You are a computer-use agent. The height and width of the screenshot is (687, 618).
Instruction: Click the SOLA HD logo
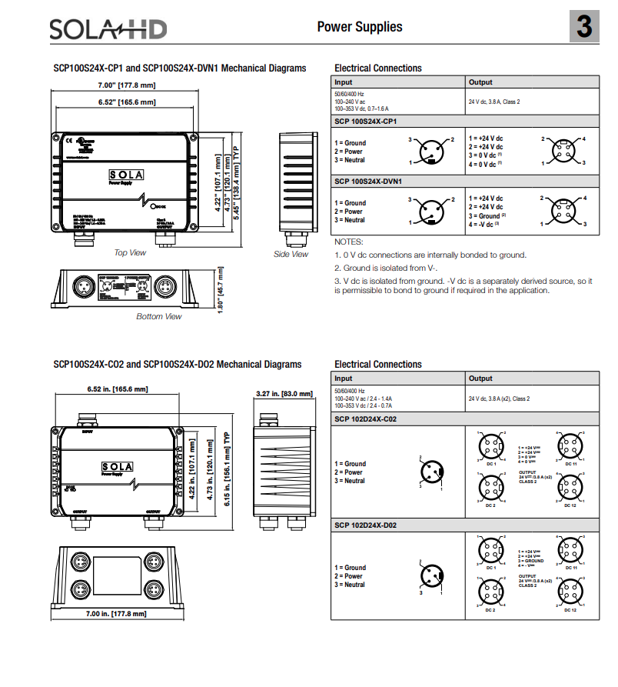coord(108,29)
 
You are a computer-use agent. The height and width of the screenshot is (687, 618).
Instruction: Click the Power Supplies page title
coord(359,27)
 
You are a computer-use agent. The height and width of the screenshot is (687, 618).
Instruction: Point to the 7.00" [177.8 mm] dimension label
coord(126,85)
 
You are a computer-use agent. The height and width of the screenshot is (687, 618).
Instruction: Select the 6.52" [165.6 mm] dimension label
coord(126,102)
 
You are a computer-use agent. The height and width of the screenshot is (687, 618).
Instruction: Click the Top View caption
coord(130,253)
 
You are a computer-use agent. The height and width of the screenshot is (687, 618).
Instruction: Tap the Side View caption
coord(291,255)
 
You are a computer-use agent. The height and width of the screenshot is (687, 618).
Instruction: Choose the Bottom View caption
coord(159,316)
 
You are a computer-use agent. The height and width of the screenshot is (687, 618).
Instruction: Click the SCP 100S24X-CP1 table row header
coord(365,122)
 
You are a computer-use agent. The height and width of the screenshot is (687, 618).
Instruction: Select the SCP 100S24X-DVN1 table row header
coord(368,182)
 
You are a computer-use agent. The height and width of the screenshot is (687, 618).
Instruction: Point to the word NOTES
coord(348,242)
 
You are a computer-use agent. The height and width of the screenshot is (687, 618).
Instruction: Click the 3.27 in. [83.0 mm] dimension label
coord(284,394)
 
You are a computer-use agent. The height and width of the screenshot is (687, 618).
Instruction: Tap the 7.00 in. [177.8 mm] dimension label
coord(115,614)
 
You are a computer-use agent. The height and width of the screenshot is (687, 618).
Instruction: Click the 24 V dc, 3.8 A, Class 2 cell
coord(493,102)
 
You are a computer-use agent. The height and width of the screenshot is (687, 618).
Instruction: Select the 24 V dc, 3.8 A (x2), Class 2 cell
coord(499,399)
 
